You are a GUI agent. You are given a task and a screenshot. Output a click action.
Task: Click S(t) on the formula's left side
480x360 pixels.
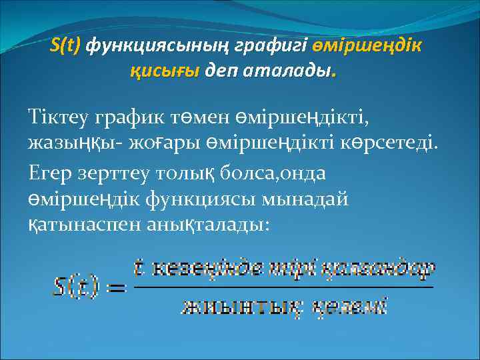(75, 287)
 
